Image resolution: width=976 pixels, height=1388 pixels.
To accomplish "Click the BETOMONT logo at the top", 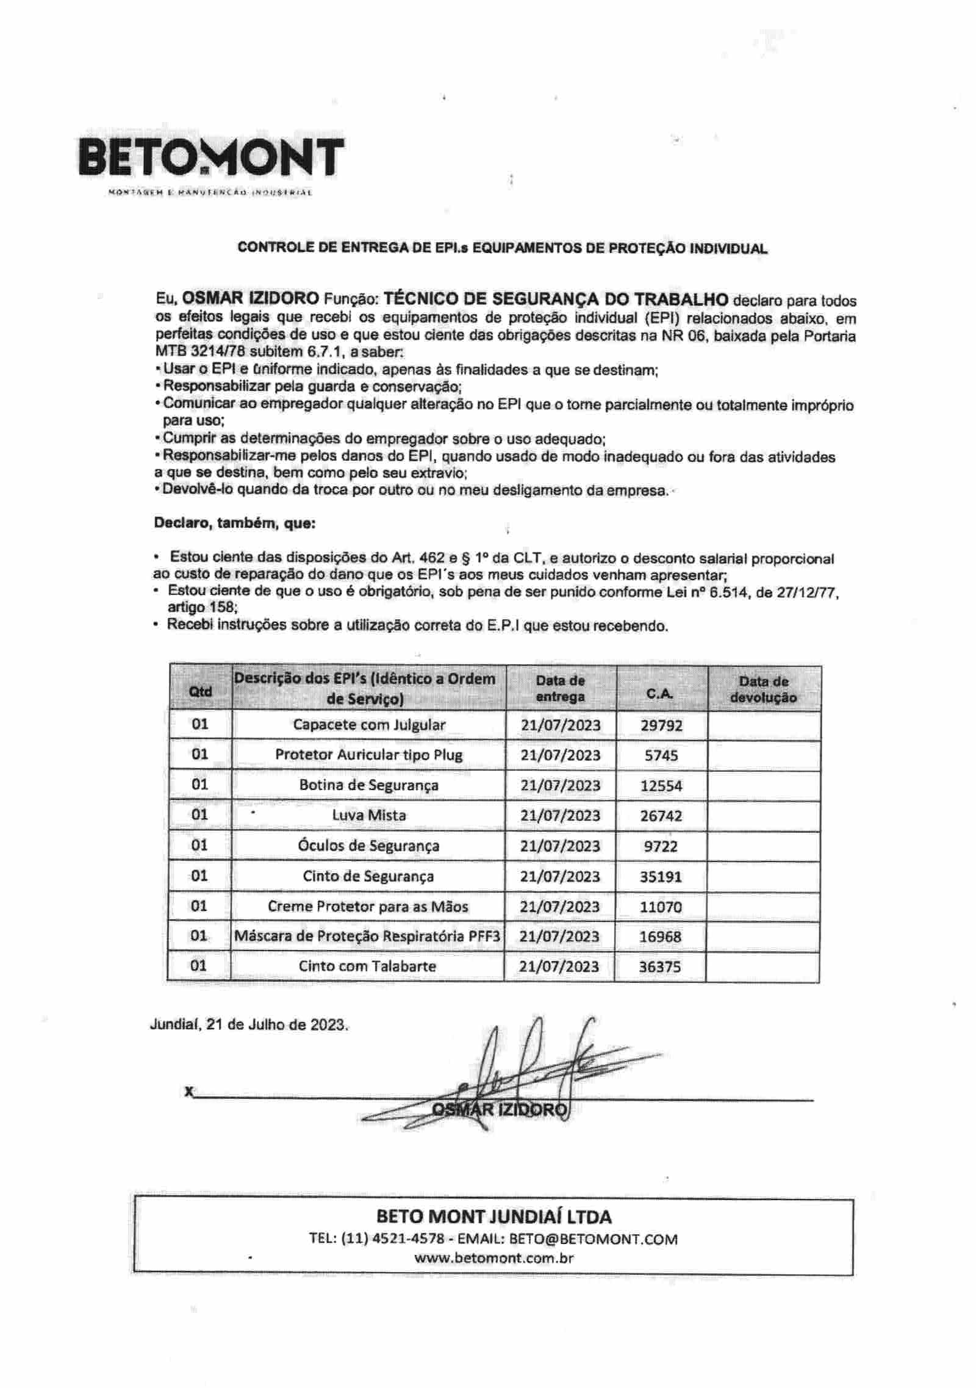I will [211, 157].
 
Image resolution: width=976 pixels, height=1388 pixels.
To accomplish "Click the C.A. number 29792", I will [661, 725].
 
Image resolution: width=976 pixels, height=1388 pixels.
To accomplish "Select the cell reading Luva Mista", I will [369, 815].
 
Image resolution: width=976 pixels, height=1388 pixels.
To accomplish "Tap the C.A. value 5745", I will [661, 755].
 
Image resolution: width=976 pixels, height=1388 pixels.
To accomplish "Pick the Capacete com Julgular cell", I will [369, 725].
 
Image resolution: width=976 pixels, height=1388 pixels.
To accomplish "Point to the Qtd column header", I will [200, 691].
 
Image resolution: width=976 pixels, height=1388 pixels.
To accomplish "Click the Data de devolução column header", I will [763, 689].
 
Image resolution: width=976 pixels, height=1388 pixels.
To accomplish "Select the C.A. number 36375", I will [659, 966].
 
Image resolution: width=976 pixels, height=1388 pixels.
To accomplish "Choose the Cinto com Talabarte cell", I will [367, 966].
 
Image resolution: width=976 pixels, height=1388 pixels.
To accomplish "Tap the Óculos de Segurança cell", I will [369, 846].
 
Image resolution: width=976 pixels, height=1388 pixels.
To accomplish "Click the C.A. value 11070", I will [661, 907].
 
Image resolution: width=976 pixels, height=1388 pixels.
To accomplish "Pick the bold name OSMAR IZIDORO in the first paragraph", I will [251, 298].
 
